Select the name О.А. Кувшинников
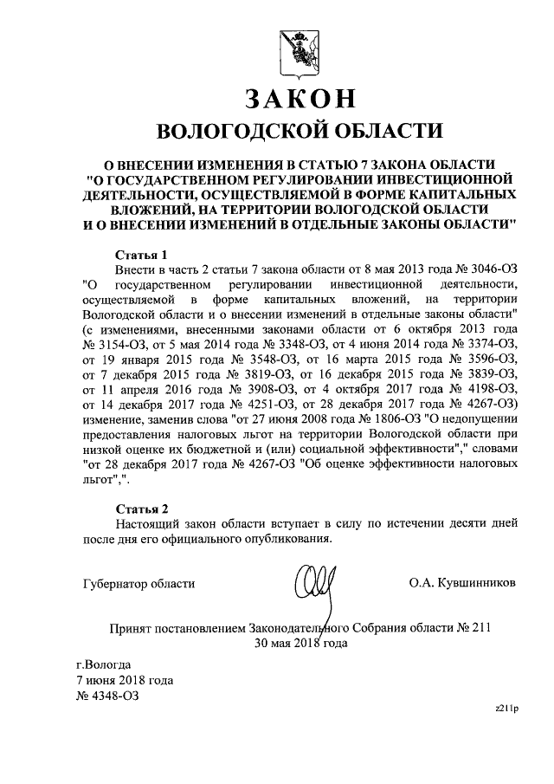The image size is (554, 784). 462,583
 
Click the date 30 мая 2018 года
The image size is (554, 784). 300,643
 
